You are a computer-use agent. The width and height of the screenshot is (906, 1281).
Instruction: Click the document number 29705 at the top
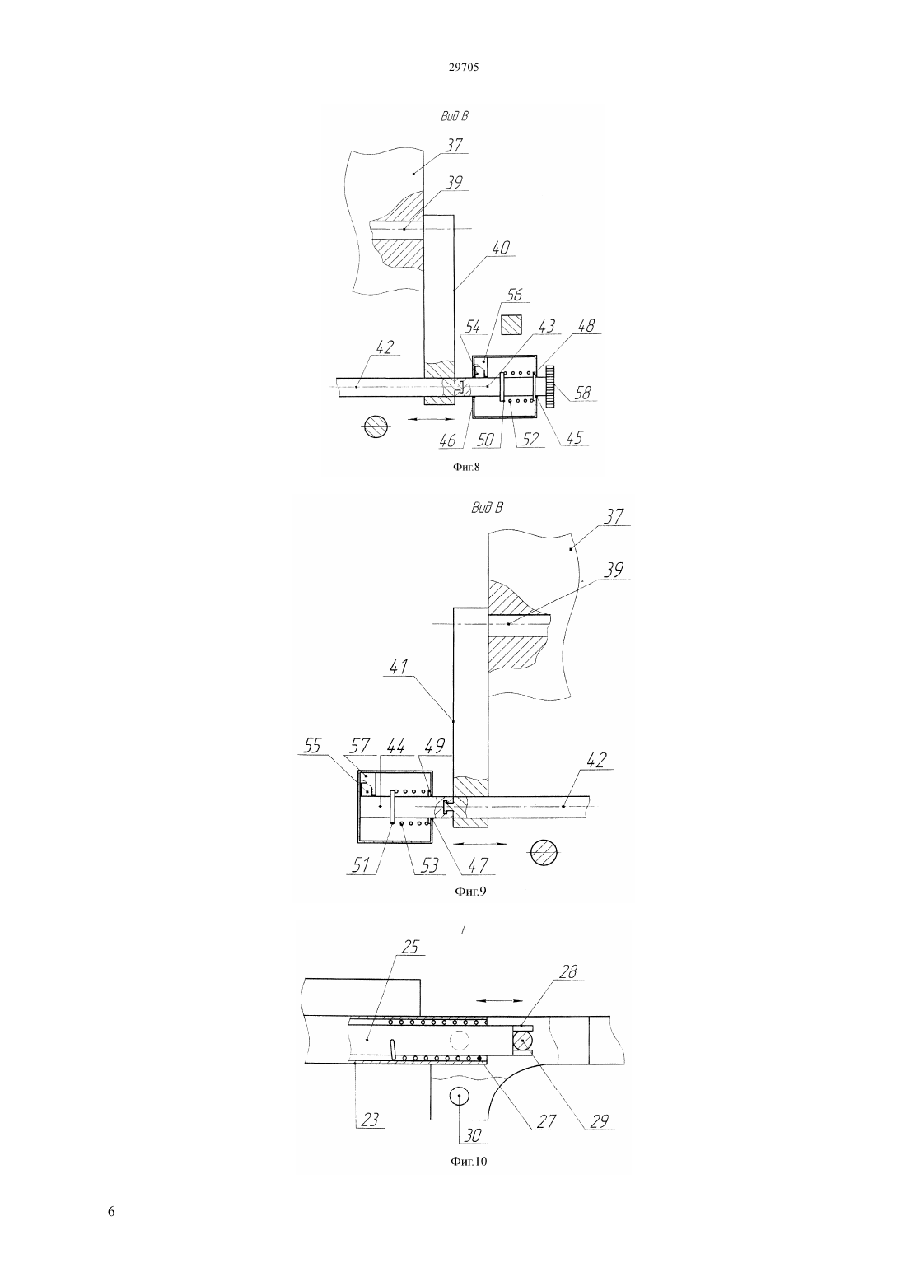[464, 68]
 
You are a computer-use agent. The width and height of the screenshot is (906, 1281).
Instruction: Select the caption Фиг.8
[466, 467]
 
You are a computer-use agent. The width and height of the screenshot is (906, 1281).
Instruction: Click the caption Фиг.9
[470, 891]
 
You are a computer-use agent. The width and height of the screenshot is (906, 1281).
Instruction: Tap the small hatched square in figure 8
[511, 325]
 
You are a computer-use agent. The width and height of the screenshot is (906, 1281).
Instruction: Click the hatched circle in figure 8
[376, 426]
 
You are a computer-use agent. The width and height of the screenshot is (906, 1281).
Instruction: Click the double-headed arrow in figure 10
[499, 1001]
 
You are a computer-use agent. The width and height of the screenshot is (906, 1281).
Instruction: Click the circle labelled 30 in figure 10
[460, 1096]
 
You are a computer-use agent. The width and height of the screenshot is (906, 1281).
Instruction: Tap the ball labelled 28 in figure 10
[523, 1041]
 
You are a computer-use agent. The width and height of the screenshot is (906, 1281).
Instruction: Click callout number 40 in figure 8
[500, 248]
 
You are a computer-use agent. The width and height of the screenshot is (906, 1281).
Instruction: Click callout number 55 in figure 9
[312, 746]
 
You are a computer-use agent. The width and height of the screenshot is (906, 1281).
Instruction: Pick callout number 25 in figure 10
[410, 947]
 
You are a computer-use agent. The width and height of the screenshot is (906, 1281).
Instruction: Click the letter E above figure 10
[464, 929]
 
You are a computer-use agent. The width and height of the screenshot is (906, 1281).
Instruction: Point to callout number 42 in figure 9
[595, 760]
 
